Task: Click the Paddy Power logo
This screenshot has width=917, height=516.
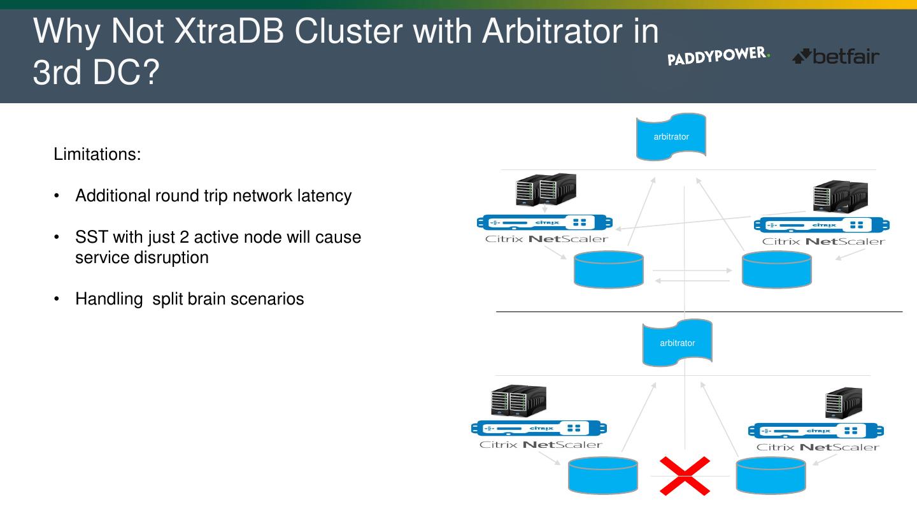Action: [x=718, y=57]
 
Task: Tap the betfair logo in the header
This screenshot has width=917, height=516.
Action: [x=835, y=57]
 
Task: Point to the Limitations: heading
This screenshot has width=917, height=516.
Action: [x=97, y=154]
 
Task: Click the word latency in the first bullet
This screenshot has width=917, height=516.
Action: [x=324, y=196]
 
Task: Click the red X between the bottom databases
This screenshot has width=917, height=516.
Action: [x=685, y=475]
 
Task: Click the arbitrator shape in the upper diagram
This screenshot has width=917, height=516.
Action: [x=671, y=136]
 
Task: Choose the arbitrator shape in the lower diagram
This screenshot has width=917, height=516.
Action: [x=677, y=343]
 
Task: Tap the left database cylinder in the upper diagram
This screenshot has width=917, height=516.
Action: [x=608, y=269]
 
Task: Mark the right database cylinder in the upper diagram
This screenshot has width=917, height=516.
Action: [x=777, y=269]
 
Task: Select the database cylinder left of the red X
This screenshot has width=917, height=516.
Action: [x=602, y=475]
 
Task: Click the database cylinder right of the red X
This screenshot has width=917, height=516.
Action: [x=771, y=475]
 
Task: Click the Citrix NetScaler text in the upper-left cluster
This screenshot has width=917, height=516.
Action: [x=546, y=240]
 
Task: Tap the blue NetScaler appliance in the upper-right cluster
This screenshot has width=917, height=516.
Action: [x=821, y=225]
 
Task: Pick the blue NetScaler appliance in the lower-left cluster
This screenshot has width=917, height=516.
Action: [x=539, y=428]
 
